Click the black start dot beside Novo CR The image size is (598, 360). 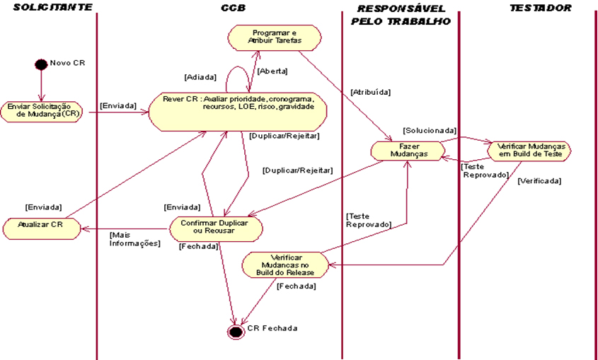point(41,64)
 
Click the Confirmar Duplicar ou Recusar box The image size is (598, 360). point(216,228)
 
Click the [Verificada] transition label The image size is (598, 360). point(539,180)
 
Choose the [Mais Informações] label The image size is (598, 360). point(134,239)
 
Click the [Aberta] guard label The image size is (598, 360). point(272,71)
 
